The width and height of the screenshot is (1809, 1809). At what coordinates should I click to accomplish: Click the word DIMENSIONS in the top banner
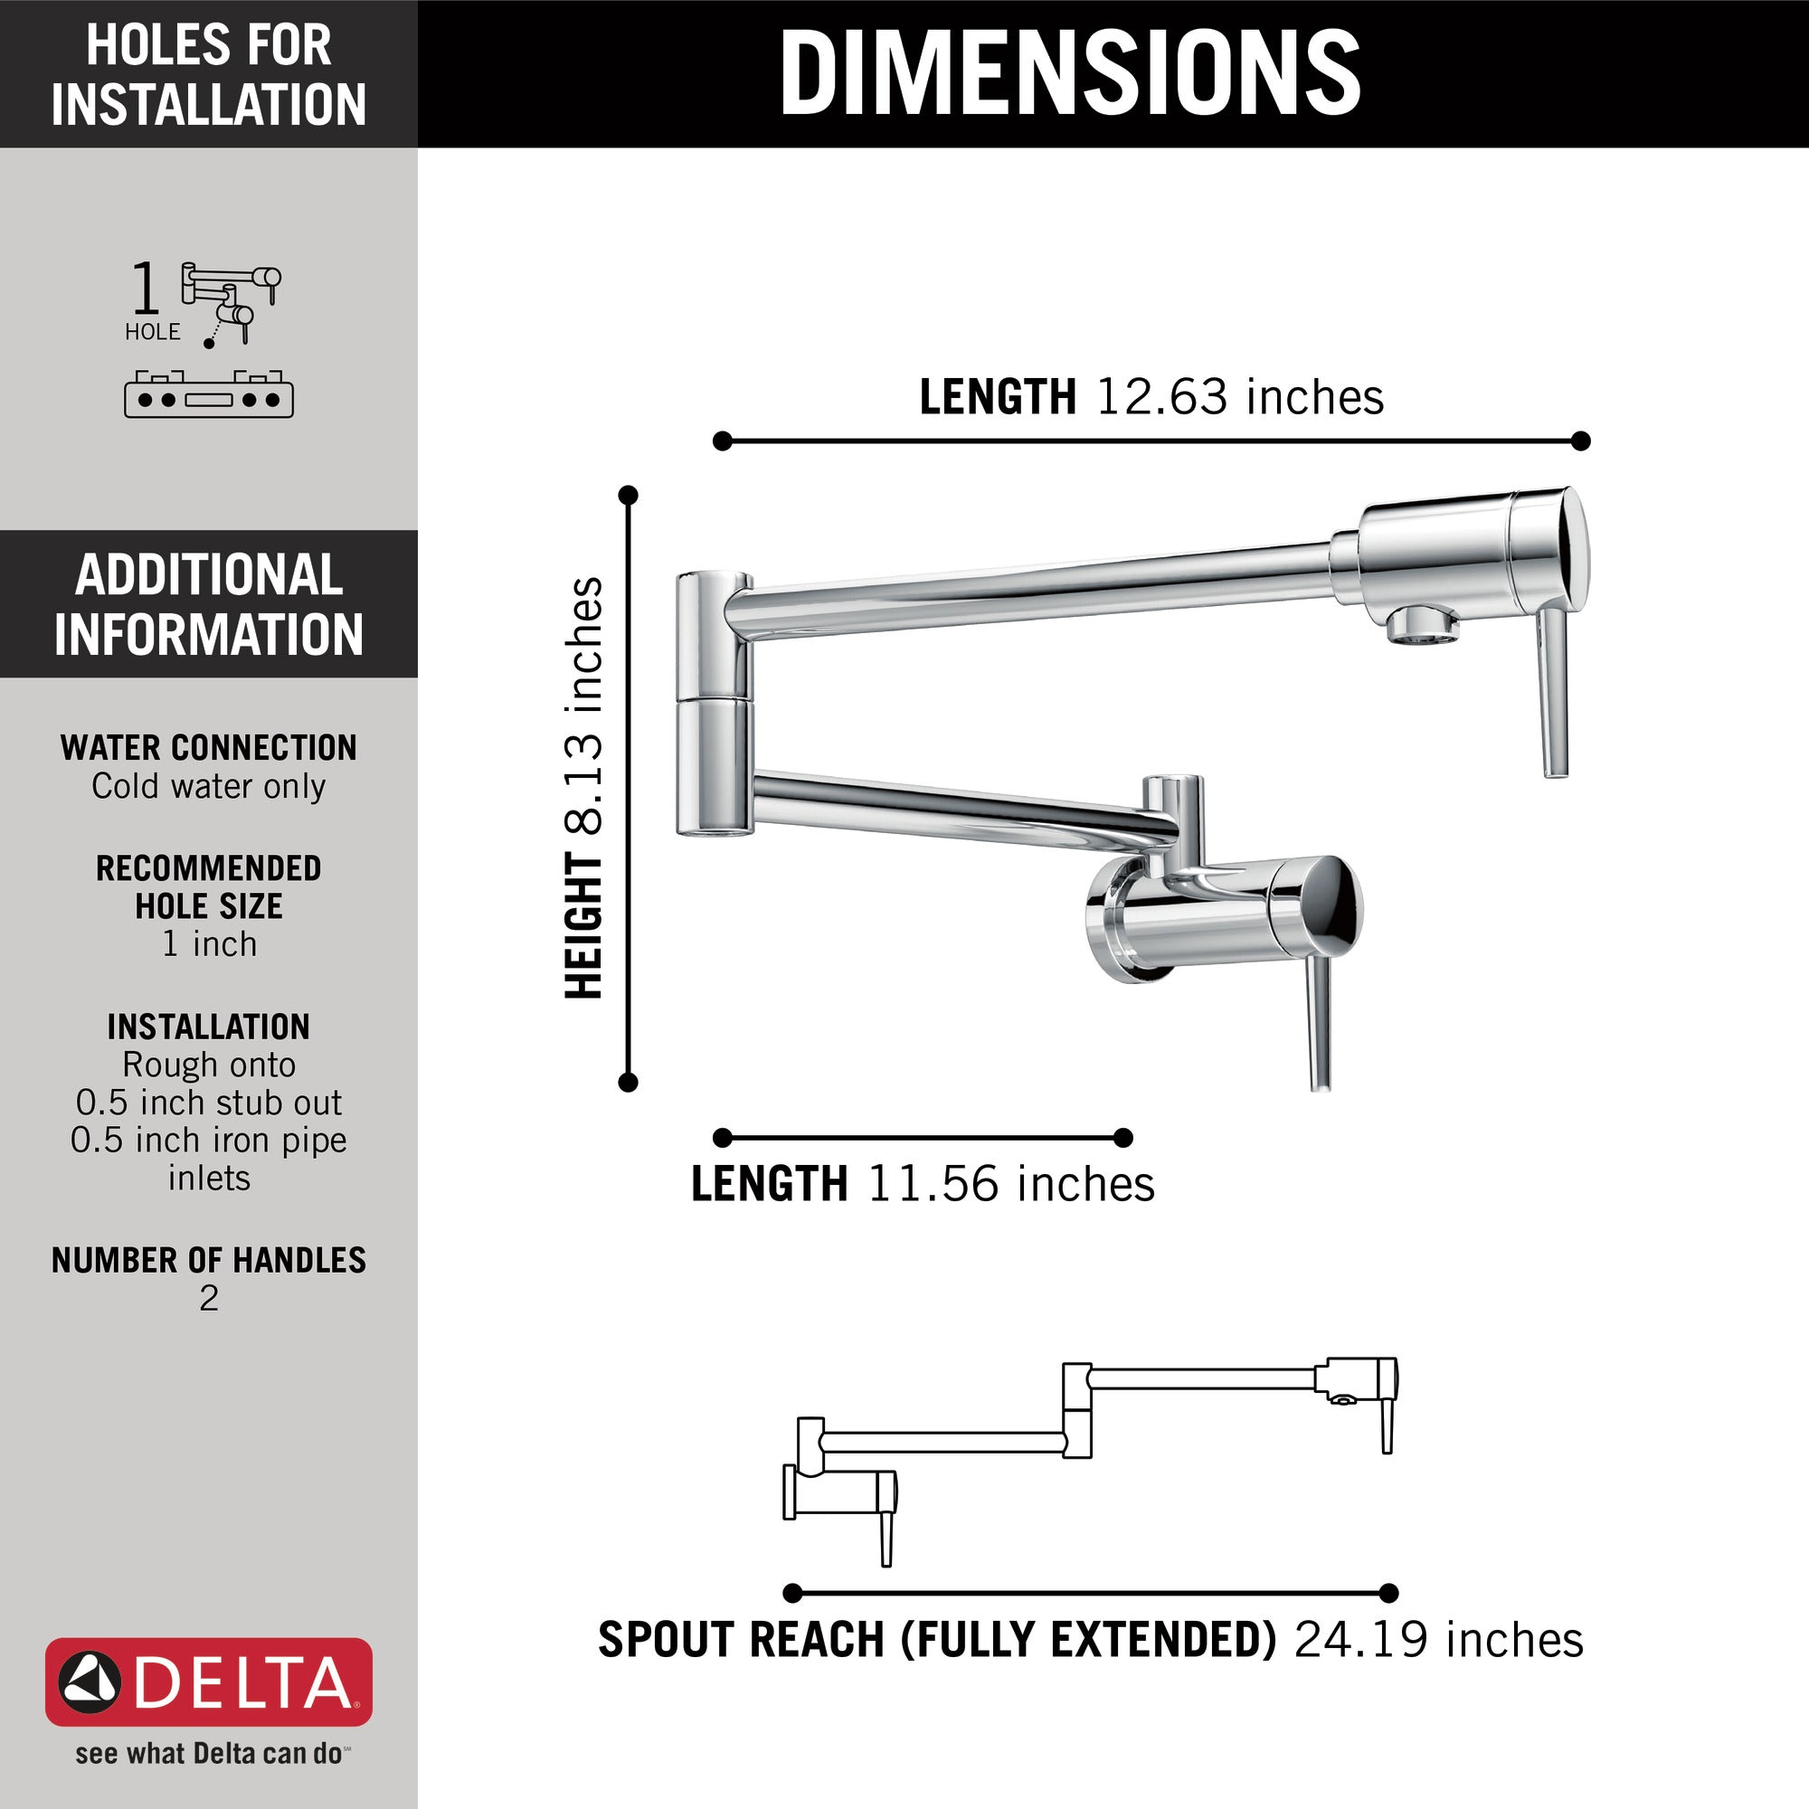point(1069,73)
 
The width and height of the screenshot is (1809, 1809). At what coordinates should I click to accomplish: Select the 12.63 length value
point(1160,397)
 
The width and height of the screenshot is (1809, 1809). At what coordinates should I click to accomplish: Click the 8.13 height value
point(584,784)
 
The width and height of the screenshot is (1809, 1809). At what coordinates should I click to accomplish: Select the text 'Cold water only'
point(209,787)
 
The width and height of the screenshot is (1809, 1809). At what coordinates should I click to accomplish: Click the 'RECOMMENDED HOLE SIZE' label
point(209,886)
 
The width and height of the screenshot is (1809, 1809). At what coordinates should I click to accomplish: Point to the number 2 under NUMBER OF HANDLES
point(209,1298)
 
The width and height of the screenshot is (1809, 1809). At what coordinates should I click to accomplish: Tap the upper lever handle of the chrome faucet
point(1554,693)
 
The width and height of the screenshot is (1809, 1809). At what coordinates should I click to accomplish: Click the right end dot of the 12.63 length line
point(1580,441)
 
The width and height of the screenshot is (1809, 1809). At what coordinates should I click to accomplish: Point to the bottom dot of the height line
point(629,1083)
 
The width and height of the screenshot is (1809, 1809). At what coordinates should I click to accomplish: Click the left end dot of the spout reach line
point(792,1593)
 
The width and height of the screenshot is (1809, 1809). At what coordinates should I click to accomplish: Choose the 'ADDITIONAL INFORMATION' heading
point(209,604)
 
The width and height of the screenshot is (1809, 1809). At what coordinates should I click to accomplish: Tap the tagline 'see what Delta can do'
point(209,1754)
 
